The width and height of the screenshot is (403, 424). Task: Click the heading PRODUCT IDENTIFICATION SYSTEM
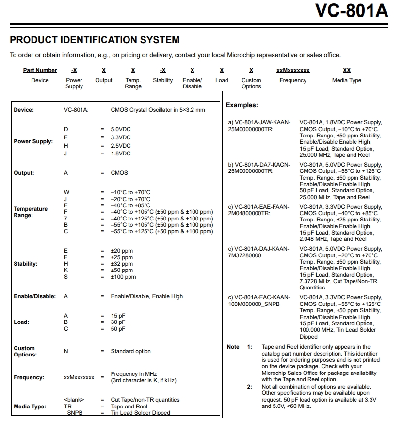point(95,40)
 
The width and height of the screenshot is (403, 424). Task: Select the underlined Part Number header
point(40,70)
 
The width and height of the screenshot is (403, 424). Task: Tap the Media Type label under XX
point(346,80)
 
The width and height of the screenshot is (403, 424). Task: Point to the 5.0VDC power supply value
point(121,129)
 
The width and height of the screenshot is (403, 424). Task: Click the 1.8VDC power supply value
point(121,153)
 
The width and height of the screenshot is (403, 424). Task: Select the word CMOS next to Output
point(119,173)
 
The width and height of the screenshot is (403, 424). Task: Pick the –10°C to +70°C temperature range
point(130,192)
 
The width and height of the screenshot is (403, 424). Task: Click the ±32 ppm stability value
point(122,264)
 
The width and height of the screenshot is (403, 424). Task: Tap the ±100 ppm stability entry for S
point(123,277)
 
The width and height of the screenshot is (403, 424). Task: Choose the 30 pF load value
point(118,322)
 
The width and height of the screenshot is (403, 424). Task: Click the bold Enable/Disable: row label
point(34,296)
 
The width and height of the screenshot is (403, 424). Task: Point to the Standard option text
point(130,351)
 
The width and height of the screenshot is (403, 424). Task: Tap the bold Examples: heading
point(242,105)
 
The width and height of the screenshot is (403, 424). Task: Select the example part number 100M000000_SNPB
point(254,304)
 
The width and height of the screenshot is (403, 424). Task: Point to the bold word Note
point(233,347)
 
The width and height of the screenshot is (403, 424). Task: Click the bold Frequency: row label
point(29,377)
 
